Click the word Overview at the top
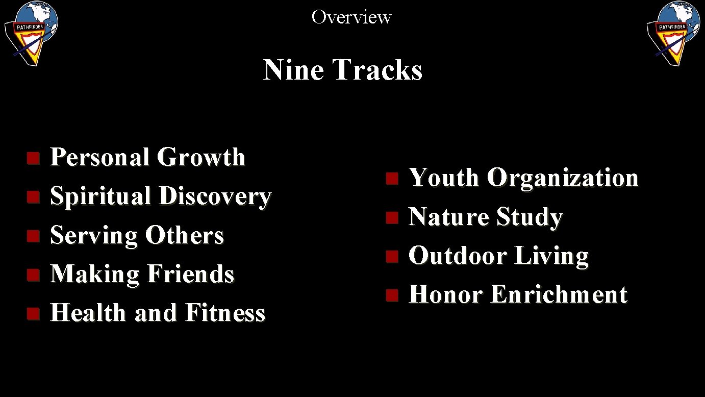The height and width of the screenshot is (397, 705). tap(351, 17)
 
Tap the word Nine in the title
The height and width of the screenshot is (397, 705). tap(293, 70)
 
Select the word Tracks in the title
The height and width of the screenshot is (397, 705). tap(377, 70)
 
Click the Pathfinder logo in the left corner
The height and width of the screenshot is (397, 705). tap(31, 32)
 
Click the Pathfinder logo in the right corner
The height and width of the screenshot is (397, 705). tap(673, 32)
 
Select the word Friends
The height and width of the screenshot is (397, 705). tap(190, 274)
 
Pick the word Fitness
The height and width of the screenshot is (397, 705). tap(225, 313)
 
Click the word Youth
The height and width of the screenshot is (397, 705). tap(444, 178)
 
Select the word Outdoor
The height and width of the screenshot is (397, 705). tap(458, 256)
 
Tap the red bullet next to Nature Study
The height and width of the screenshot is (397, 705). tap(391, 218)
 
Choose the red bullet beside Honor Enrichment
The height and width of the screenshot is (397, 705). tap(391, 295)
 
